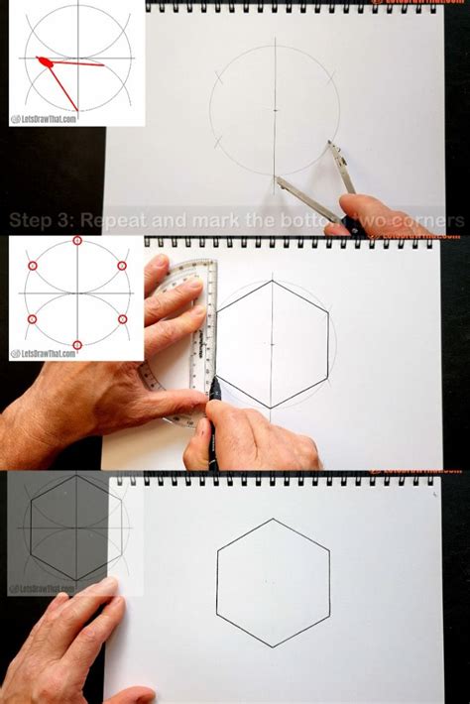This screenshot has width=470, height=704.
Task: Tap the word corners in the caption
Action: point(426,220)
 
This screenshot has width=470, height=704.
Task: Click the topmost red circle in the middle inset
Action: point(77,243)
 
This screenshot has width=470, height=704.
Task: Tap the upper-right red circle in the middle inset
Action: point(122,266)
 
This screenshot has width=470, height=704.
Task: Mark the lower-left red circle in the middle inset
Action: point(32,319)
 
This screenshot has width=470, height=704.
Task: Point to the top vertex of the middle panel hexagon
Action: point(273,281)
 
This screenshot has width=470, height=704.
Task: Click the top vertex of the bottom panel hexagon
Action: point(273,519)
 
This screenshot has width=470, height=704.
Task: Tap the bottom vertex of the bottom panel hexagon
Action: point(273,647)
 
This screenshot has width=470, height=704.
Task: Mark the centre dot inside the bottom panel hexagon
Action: point(273,583)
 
